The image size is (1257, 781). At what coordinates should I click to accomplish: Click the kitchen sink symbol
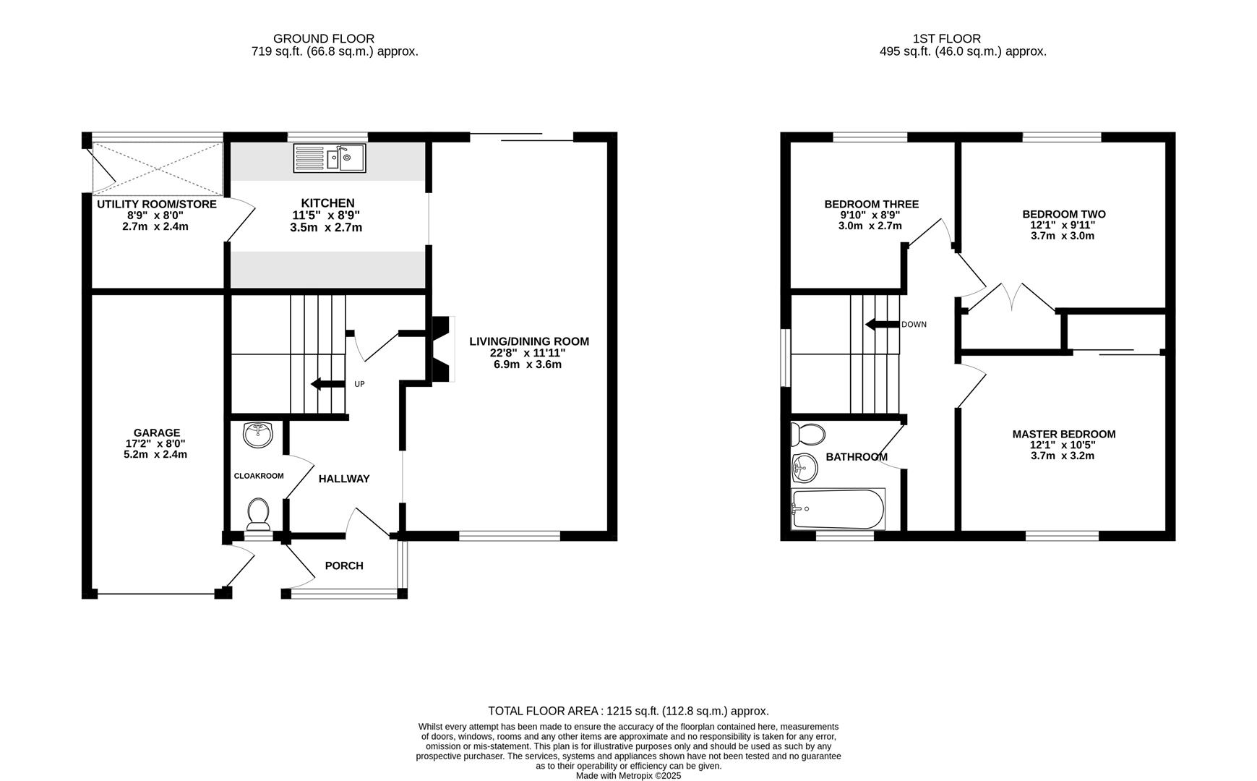[x=330, y=158]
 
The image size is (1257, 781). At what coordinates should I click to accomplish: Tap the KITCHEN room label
[x=327, y=203]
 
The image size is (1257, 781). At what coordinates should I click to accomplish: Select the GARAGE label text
[x=157, y=433]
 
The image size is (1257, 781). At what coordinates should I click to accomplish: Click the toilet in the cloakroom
[x=258, y=513]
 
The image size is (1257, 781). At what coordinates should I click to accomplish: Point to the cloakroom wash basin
[x=257, y=435]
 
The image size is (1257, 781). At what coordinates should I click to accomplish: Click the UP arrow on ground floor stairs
[x=327, y=384]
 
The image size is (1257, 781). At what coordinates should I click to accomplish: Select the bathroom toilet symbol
[x=808, y=435]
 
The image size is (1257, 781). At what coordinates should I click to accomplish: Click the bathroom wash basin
[x=805, y=469]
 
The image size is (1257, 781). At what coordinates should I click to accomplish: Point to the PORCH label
[x=344, y=566]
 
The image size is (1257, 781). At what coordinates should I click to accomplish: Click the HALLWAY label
[x=344, y=479]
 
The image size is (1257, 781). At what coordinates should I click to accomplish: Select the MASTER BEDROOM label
[x=1063, y=434]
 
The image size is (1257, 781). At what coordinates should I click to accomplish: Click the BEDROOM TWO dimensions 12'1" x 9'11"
[x=1063, y=225]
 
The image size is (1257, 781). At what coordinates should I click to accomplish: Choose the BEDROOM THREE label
[x=871, y=204]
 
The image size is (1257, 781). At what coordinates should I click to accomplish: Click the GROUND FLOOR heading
[x=324, y=38]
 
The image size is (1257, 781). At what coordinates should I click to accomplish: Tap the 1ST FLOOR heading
[x=946, y=38]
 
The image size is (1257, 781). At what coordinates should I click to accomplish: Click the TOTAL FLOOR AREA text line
[x=628, y=711]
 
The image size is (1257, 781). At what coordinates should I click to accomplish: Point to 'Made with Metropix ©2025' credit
[x=628, y=775]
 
